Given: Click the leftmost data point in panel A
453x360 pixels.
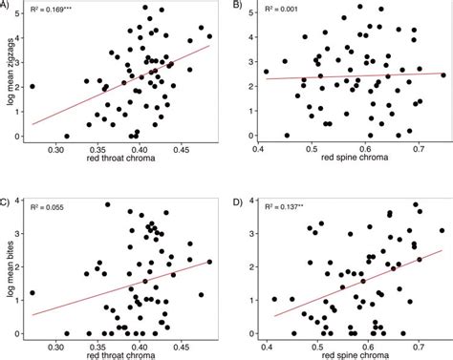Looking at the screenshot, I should [32, 86].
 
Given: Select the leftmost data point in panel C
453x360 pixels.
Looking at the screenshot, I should [32, 293].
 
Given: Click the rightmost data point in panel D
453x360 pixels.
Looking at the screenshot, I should [441, 230].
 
